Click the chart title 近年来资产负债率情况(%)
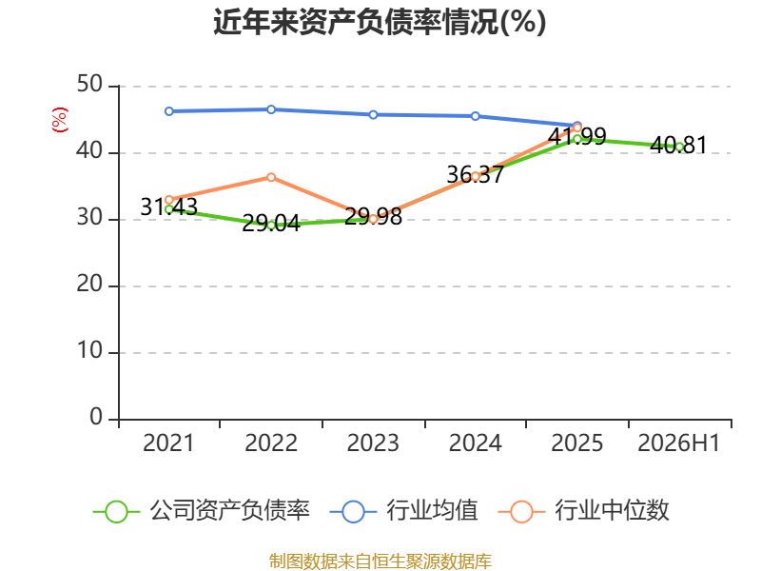click(380, 22)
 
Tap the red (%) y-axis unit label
click(60, 120)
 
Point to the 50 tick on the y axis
click(89, 85)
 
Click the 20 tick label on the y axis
click(89, 284)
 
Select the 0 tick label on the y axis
click(96, 417)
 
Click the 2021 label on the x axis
click(168, 443)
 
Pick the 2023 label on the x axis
click(373, 443)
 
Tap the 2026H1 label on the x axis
click(678, 443)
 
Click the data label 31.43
click(169, 207)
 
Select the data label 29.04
click(271, 224)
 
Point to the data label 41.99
click(577, 136)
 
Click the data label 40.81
click(678, 146)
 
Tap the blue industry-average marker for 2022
click(271, 109)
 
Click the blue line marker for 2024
click(475, 116)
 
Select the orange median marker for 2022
click(271, 177)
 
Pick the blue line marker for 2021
click(169, 111)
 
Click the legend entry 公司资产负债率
click(201, 511)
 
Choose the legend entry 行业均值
click(403, 511)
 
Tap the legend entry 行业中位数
click(584, 511)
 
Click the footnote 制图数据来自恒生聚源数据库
click(380, 561)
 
